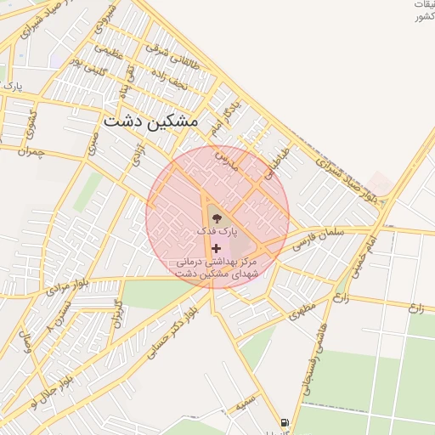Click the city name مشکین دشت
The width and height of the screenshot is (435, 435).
coord(151,121)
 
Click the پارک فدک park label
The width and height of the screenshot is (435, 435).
coord(217,231)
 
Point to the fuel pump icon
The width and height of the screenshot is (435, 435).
coord(284,422)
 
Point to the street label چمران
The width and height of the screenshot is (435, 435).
coord(29,151)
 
